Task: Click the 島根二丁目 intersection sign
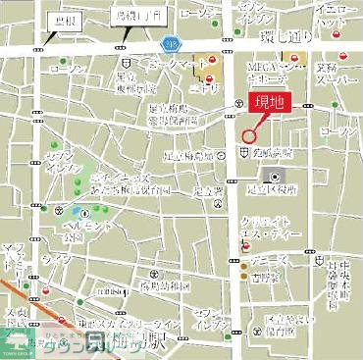(x=125, y=19)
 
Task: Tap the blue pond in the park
(x=77, y=210)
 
